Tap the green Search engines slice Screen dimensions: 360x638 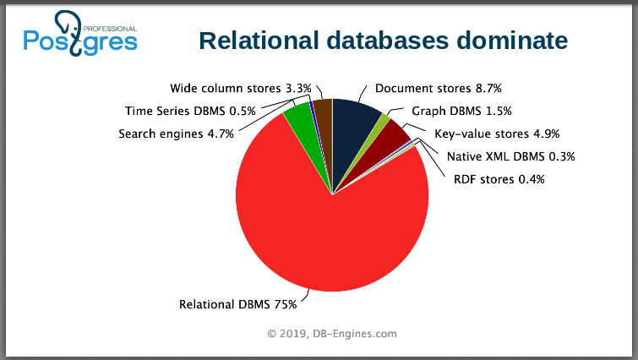coord(298,123)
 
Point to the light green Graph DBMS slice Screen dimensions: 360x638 coord(384,122)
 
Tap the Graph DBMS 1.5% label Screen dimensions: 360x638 coord(461,111)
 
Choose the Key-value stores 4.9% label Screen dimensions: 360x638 coord(497,134)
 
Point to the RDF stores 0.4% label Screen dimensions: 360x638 coord(499,179)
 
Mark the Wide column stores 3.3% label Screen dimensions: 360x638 coord(241,88)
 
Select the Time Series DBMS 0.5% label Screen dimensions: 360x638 coord(191,111)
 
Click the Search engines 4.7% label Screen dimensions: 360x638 coord(176,134)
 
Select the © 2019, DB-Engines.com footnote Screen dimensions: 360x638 coord(331,335)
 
